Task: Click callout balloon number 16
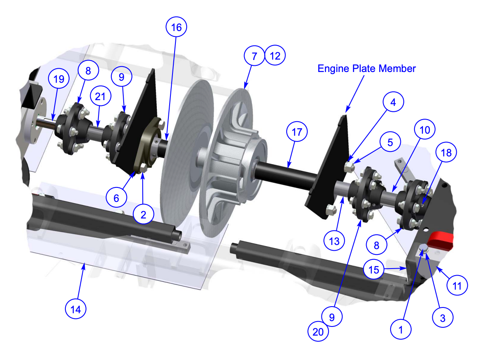click(x=176, y=27)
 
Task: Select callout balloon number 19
click(x=59, y=79)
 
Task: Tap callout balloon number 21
click(x=101, y=97)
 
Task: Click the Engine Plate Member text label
click(x=367, y=68)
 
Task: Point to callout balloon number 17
click(x=297, y=133)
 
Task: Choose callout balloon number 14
click(x=76, y=309)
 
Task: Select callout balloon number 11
click(x=456, y=285)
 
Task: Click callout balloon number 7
click(x=254, y=55)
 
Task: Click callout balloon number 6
click(x=116, y=198)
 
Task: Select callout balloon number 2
click(x=143, y=214)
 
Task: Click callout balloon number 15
click(x=374, y=270)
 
